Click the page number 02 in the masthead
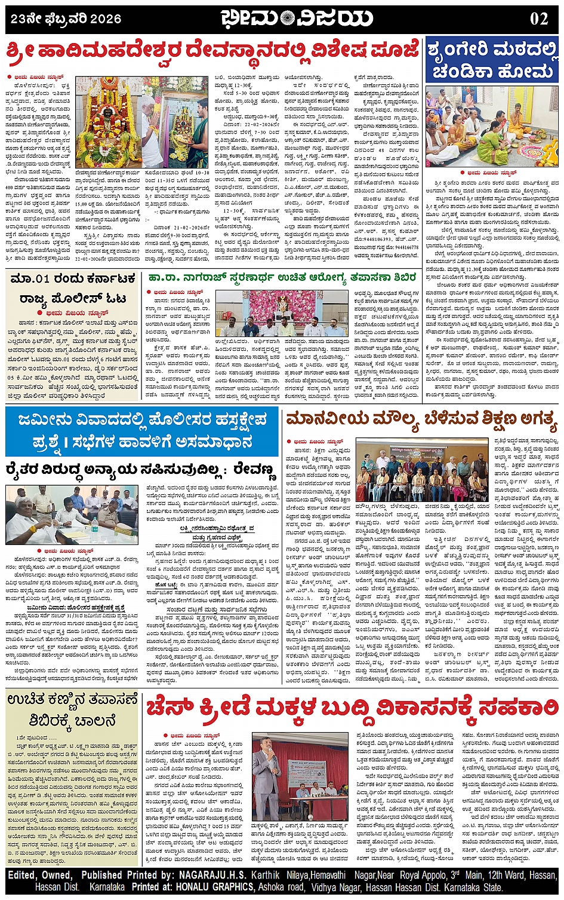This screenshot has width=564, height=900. [538, 18]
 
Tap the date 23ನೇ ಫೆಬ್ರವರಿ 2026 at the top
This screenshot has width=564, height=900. [66, 19]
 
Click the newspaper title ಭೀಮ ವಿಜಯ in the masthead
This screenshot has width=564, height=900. [297, 19]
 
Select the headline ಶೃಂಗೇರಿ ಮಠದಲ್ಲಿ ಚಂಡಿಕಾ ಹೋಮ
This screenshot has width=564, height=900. [493, 60]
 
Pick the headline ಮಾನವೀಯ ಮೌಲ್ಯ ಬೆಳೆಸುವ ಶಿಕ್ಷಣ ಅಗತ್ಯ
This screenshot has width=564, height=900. [421, 421]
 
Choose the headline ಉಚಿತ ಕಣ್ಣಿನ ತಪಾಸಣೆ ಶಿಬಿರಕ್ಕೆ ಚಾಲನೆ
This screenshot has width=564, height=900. [73, 709]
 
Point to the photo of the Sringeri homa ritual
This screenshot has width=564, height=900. [492, 125]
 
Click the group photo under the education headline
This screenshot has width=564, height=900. [421, 471]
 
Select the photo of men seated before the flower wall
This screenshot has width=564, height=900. [281, 314]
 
